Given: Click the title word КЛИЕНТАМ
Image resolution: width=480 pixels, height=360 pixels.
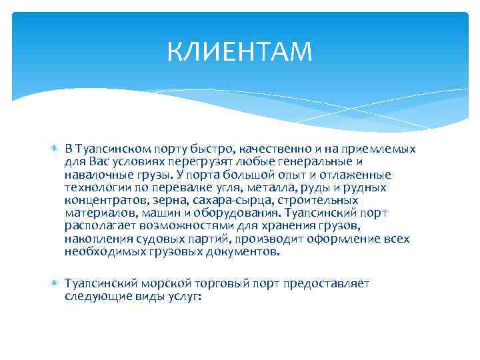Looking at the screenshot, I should (x=239, y=51).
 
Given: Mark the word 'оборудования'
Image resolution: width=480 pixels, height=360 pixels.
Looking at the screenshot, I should (x=243, y=213).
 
